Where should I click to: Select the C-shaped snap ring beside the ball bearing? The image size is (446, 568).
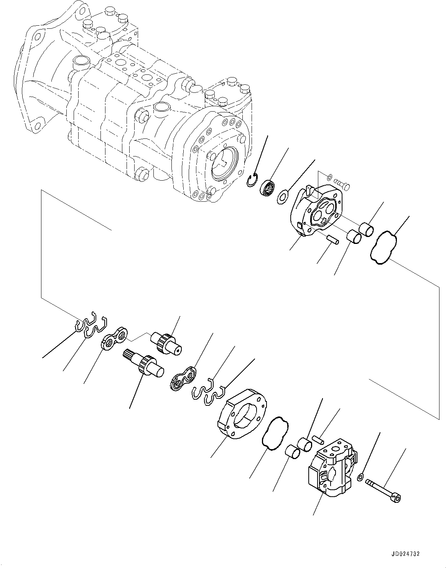point(252,181)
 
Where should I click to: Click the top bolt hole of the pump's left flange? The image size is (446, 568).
point(37,37)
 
